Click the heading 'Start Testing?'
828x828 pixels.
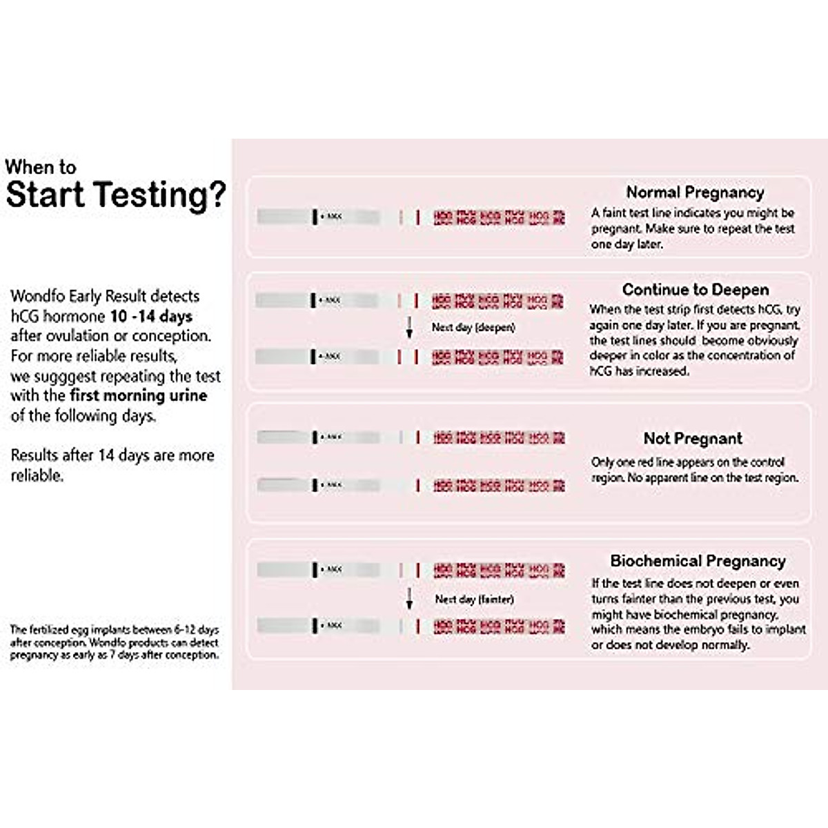coord(115,195)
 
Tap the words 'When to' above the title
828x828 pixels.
coord(40,167)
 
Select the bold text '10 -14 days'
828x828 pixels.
coord(151,317)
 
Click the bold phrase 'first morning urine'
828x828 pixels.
coord(138,396)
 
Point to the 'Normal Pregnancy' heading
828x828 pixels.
coord(695,193)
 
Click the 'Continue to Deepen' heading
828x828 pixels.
coord(695,290)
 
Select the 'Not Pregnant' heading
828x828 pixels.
coord(693,439)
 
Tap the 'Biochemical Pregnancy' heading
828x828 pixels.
coord(698,561)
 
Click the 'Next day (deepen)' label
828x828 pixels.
coord(473,327)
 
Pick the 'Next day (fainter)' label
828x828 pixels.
coord(474,599)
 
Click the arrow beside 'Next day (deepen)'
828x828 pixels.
coord(409,328)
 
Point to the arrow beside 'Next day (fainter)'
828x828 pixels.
coord(409,599)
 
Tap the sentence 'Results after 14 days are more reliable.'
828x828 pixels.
coord(112,465)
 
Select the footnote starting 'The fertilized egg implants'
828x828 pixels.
coord(114,642)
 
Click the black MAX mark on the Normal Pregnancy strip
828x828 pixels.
coord(315,217)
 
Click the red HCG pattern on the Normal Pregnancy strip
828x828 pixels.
coord(499,218)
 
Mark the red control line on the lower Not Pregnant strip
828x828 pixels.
coord(417,486)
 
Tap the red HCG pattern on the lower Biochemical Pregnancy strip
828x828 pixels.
coord(499,627)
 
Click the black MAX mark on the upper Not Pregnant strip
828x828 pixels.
coord(315,437)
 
